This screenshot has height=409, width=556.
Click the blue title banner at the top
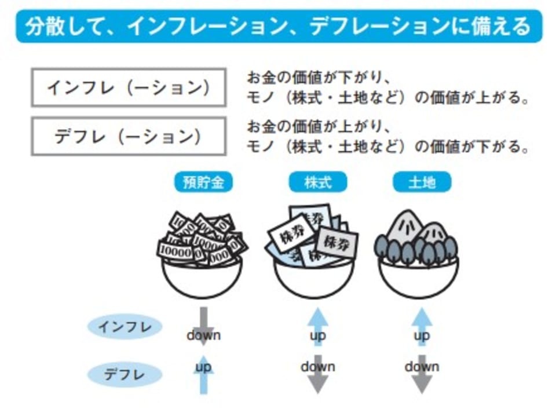279,27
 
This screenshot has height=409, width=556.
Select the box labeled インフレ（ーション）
128,87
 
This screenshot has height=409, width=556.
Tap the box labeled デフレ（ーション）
128,136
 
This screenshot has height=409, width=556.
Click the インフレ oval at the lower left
125,327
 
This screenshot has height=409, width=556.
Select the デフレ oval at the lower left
125,374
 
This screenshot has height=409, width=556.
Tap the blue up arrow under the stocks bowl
317,327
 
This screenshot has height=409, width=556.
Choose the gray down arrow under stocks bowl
317,374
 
